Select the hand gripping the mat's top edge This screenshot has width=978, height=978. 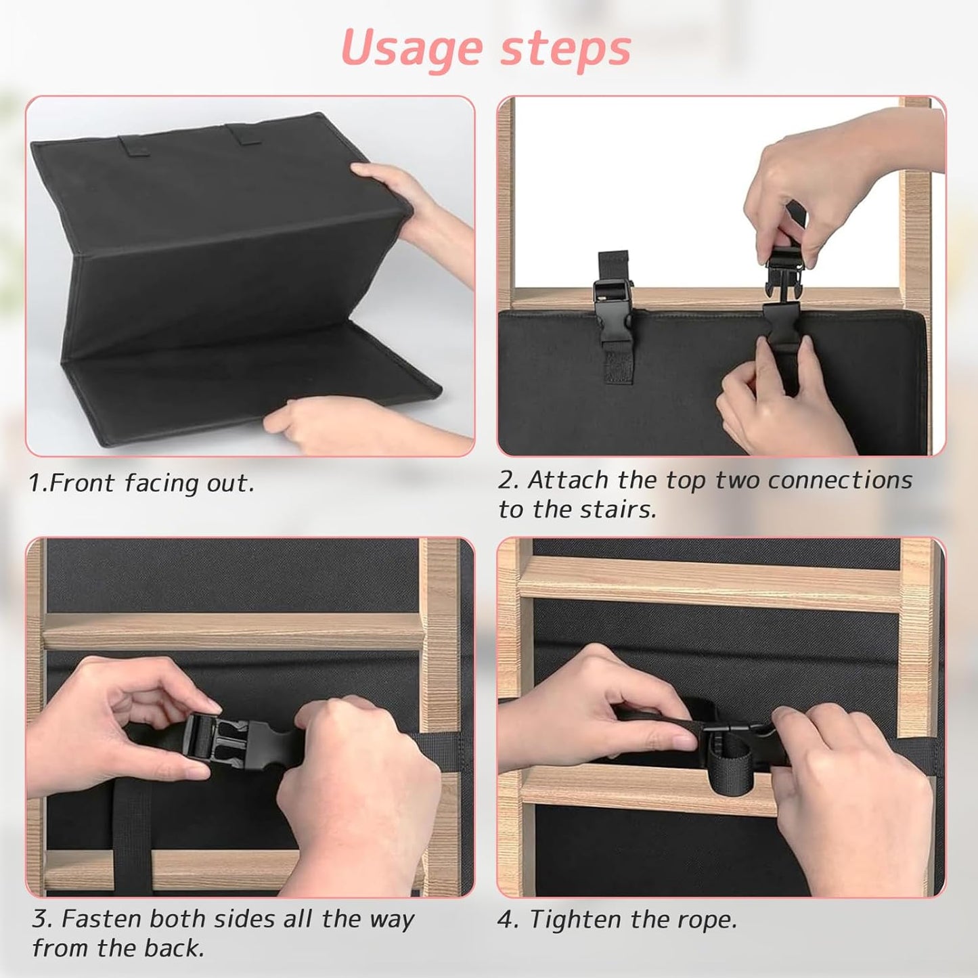coord(411,218)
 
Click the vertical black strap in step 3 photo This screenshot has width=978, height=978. coord(132,837)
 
